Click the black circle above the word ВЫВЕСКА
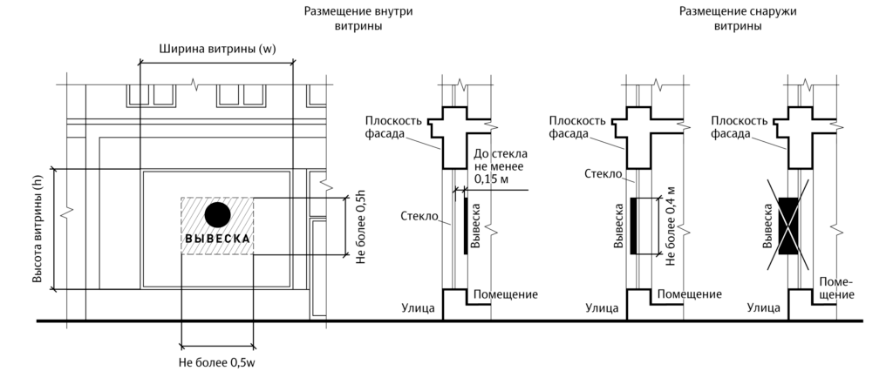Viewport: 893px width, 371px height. tap(217, 213)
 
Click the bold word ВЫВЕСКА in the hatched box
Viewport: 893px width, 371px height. tap(217, 239)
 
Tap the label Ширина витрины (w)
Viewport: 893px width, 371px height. tap(217, 50)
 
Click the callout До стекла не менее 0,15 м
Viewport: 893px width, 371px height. tap(494, 165)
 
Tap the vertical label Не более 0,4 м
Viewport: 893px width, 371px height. tap(670, 224)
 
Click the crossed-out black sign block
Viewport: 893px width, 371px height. tap(789, 225)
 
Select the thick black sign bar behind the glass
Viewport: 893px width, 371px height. tap(465, 225)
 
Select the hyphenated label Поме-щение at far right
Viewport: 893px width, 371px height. tap(835, 289)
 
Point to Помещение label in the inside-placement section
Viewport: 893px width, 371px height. tap(505, 295)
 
